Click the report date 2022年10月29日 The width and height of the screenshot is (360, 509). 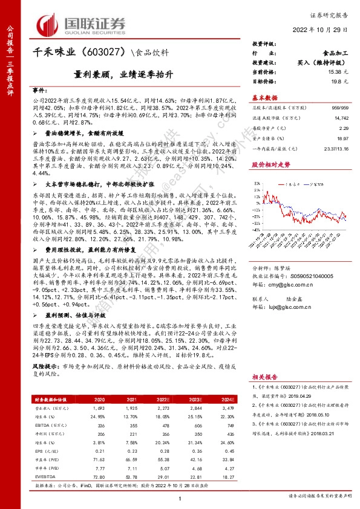point(322,31)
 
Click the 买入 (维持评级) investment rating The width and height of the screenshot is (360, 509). point(321,63)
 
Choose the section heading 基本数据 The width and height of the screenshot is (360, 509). point(264,97)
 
